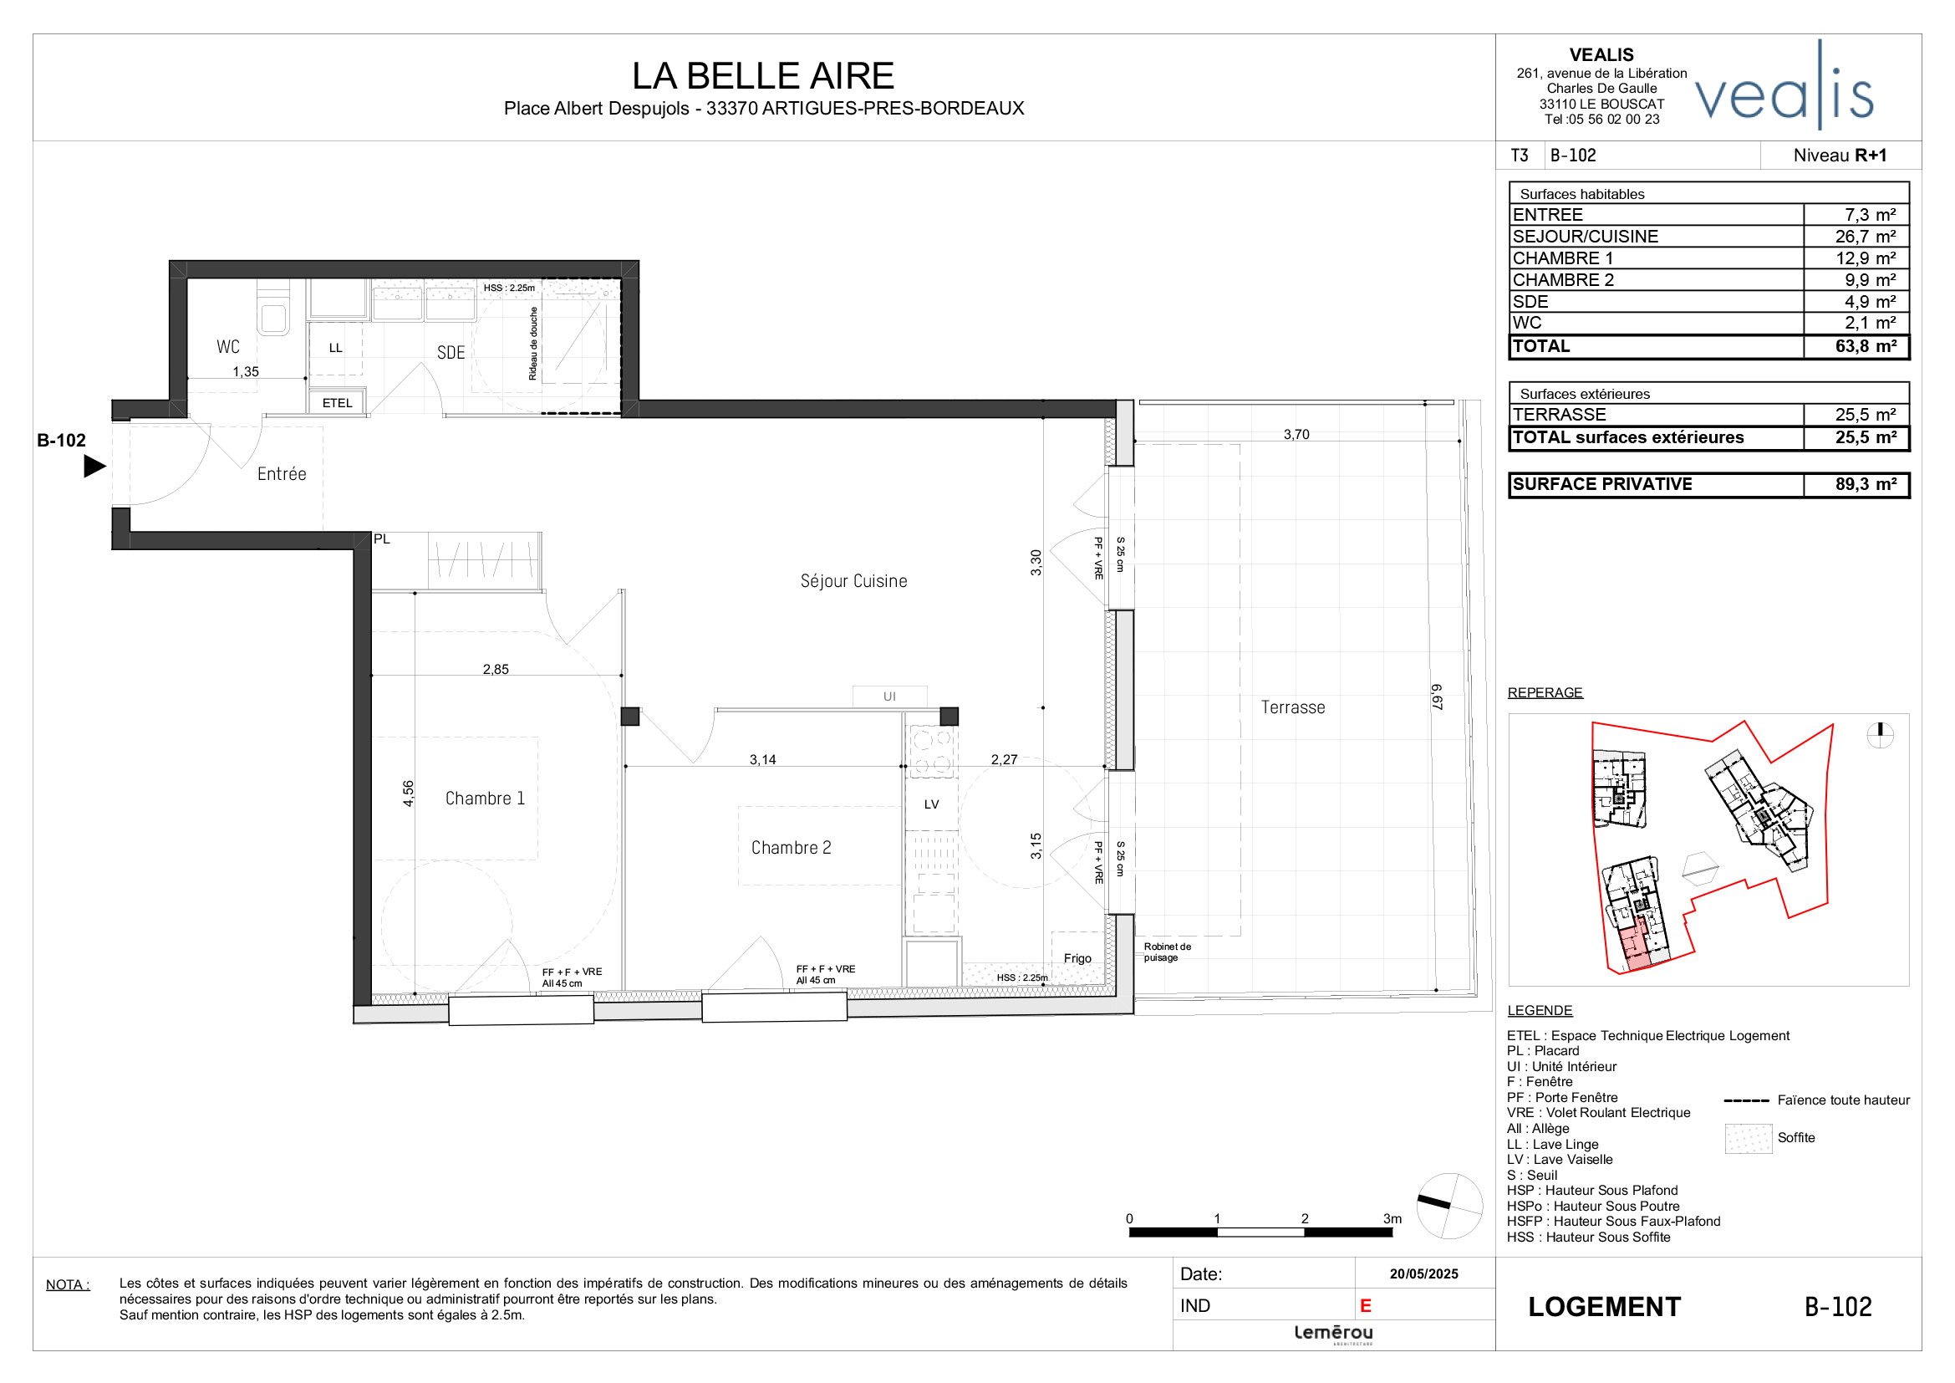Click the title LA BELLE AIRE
[762, 76]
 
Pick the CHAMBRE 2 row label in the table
[1562, 280]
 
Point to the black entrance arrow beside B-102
[94, 467]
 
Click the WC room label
[227, 347]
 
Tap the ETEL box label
[337, 403]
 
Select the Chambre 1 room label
[485, 799]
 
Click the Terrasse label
[1291, 707]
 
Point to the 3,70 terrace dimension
[1296, 434]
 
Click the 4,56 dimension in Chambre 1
[409, 793]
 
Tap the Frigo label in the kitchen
[1077, 959]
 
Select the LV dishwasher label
[931, 804]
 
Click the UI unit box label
[889, 697]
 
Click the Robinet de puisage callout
[1167, 952]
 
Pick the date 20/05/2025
[1423, 1274]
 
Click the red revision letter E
[1365, 1306]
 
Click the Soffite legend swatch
[1748, 1139]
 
